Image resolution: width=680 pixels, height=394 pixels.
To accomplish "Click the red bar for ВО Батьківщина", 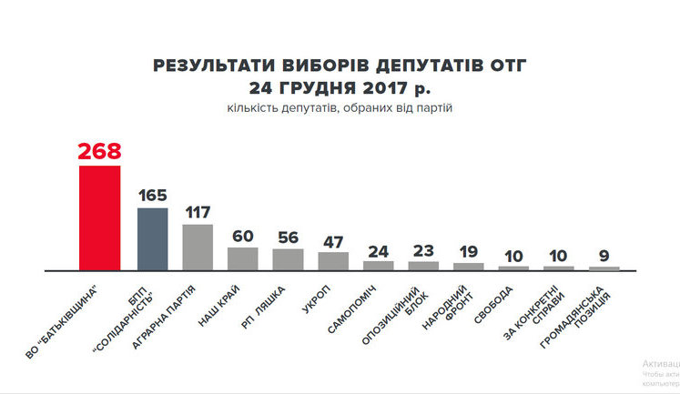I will point(99,217).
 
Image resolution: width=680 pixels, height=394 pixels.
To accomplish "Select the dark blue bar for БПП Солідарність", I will point(152,238).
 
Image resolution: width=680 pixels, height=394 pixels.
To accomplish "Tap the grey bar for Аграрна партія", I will point(197,247).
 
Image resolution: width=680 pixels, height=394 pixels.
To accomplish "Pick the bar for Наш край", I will point(242,258).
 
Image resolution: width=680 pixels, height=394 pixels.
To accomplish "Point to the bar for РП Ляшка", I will point(288,259).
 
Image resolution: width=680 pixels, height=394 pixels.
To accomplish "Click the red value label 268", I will point(99,151).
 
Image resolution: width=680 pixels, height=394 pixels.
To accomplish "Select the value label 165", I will point(152,196).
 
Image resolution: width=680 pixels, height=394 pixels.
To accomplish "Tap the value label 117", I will point(197,212).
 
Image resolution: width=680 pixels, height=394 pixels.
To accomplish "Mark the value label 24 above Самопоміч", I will point(379,250).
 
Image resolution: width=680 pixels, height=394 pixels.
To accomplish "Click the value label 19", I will point(469,252).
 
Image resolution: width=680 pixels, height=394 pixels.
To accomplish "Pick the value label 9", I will point(605,256).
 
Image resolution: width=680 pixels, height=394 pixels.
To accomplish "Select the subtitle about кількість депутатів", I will point(340,109).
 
